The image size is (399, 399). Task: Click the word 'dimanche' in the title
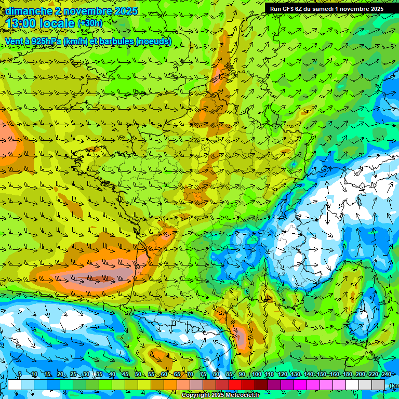[28, 11]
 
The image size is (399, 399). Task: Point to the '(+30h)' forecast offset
[89, 23]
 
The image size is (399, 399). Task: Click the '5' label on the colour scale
[20, 375]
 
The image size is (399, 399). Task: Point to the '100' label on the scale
[256, 375]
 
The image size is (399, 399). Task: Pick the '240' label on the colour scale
[387, 375]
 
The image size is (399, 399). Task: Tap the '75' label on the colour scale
[203, 375]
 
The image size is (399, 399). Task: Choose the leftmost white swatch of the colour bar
[14, 384]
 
